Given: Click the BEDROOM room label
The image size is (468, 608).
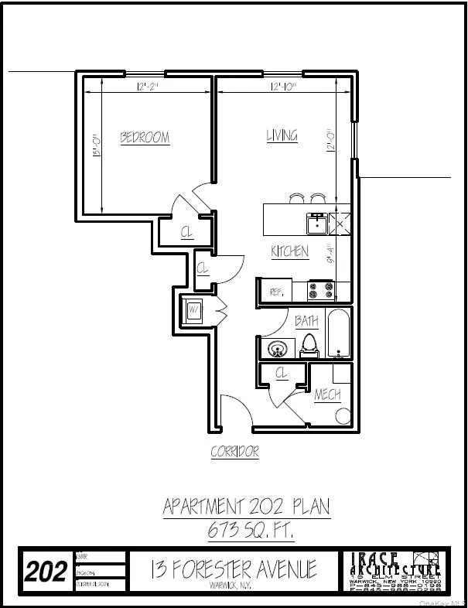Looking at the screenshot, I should point(145,138).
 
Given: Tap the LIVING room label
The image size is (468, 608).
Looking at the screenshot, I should point(282,135).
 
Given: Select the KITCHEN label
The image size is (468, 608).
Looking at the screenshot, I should point(289,251).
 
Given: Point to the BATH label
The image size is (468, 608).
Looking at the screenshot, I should point(306,321).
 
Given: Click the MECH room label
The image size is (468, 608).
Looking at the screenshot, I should point(327,395).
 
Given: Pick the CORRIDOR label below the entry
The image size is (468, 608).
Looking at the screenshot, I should point(234,453).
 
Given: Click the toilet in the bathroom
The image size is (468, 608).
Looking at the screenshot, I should point(309,346).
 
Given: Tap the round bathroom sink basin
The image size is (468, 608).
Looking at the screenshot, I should point(277,349).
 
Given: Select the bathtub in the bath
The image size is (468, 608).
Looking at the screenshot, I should point(339,334).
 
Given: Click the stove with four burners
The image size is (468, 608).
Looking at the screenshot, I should point(322,290).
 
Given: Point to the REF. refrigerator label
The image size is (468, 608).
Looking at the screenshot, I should point(275,292).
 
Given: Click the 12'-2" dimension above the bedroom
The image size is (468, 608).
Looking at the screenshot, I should point(146,87).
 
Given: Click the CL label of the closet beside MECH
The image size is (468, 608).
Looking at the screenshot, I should point(282,374).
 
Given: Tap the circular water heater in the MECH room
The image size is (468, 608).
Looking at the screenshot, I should point(343,415).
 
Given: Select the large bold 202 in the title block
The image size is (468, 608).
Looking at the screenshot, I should point(46,572).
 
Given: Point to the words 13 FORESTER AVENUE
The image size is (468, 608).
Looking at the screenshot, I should point(234,569).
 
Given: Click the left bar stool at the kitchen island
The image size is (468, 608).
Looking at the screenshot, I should point(297,198).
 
